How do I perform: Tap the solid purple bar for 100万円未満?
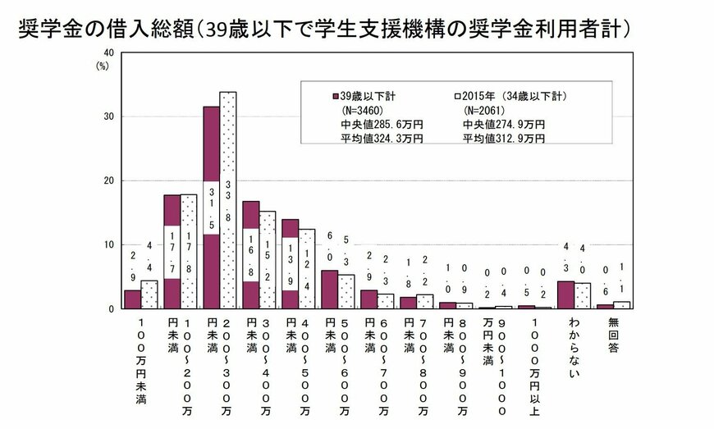pyautogui.click(x=132, y=299)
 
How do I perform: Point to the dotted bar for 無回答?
pyautogui.click(x=621, y=305)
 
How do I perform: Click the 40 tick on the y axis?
pyautogui.click(x=107, y=52)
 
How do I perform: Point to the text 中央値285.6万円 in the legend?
pyautogui.click(x=382, y=124)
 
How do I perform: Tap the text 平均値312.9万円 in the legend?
pyautogui.click(x=503, y=139)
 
